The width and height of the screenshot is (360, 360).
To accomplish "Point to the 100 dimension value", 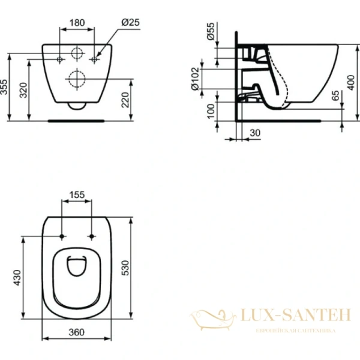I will tap(210, 111).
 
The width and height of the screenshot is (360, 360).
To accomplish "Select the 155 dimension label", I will tap(76, 194).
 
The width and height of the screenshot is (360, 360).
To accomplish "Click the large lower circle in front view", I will tap(77, 78).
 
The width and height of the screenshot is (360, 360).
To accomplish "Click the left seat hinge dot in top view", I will tap(62, 236).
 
